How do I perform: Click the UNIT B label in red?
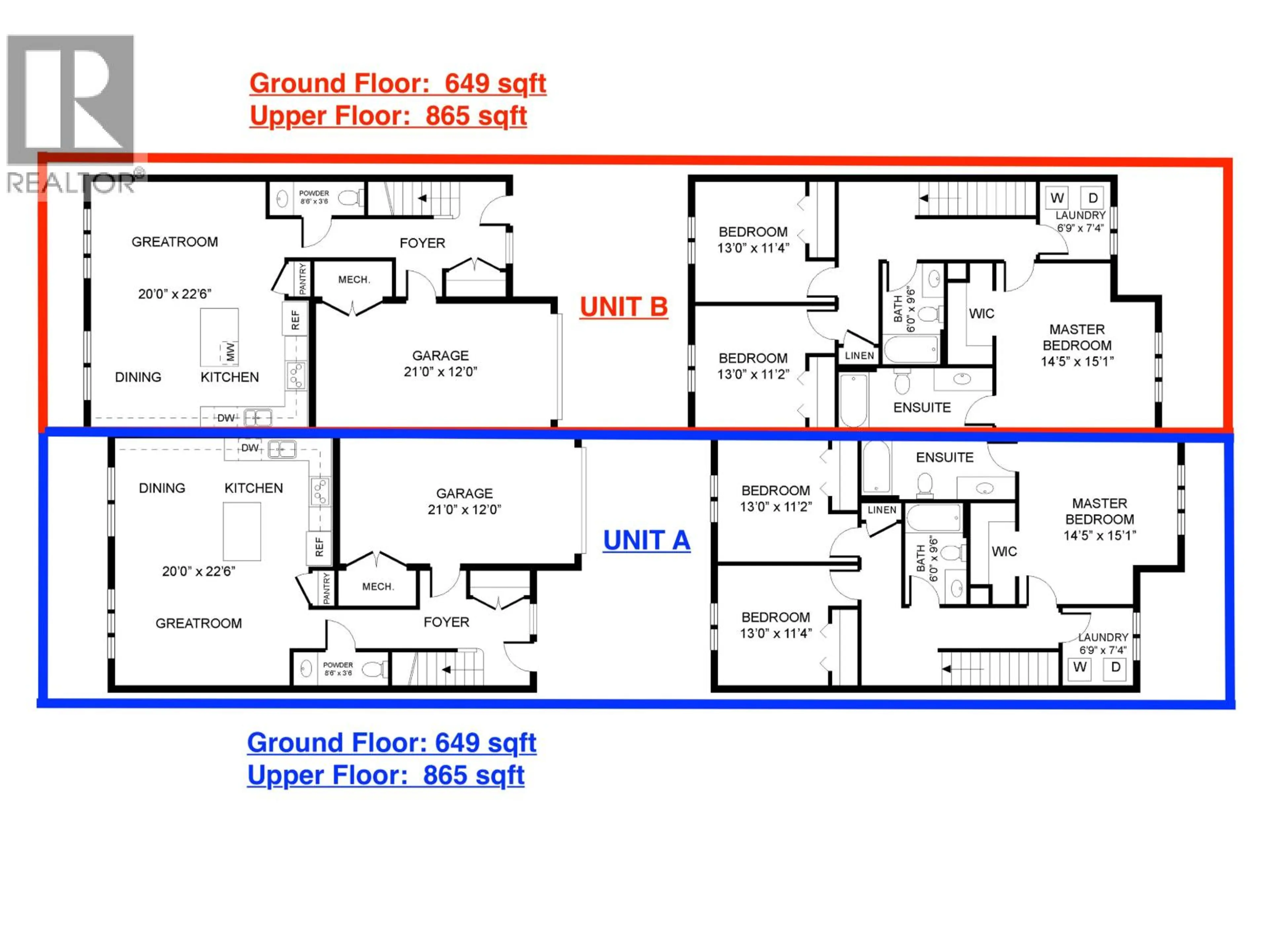tap(624, 306)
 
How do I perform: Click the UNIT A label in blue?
tap(646, 540)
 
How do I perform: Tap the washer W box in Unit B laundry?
tap(1057, 198)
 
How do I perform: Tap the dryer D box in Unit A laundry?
tap(1115, 667)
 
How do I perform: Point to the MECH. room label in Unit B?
tap(354, 279)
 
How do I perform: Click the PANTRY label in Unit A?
tap(327, 588)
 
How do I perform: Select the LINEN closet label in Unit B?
tap(859, 356)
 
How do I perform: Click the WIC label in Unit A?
tap(1004, 551)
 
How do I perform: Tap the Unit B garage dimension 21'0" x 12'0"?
tap(440, 372)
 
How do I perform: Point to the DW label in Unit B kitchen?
tap(225, 418)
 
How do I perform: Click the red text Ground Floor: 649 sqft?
tap(398, 84)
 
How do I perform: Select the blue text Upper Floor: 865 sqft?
tap(386, 775)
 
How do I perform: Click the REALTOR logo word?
tap(72, 184)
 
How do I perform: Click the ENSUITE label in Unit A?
tap(944, 457)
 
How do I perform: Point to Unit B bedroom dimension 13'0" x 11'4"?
tap(753, 248)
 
